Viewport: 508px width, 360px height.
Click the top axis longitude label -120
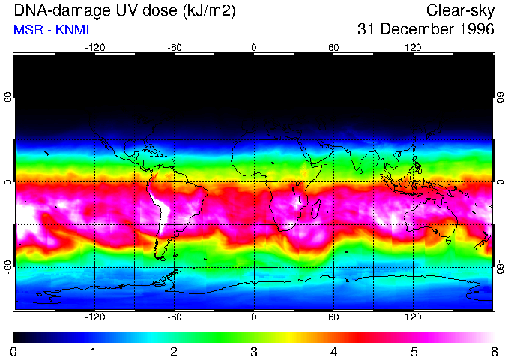coord(94,47)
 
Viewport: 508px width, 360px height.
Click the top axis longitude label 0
coord(254,47)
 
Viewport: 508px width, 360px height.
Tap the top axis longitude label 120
coord(413,47)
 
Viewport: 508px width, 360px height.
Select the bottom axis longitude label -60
coord(174,316)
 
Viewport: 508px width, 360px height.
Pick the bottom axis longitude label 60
coord(333,316)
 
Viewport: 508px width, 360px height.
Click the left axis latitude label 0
coord(7,182)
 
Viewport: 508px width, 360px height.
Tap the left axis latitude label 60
coord(7,97)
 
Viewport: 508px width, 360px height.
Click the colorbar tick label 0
coord(14,351)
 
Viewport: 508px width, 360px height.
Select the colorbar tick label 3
coord(254,351)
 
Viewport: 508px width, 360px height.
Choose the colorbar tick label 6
coord(493,351)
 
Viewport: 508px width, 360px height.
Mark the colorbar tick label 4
coord(333,351)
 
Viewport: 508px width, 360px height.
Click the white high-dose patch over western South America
coord(157,199)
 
